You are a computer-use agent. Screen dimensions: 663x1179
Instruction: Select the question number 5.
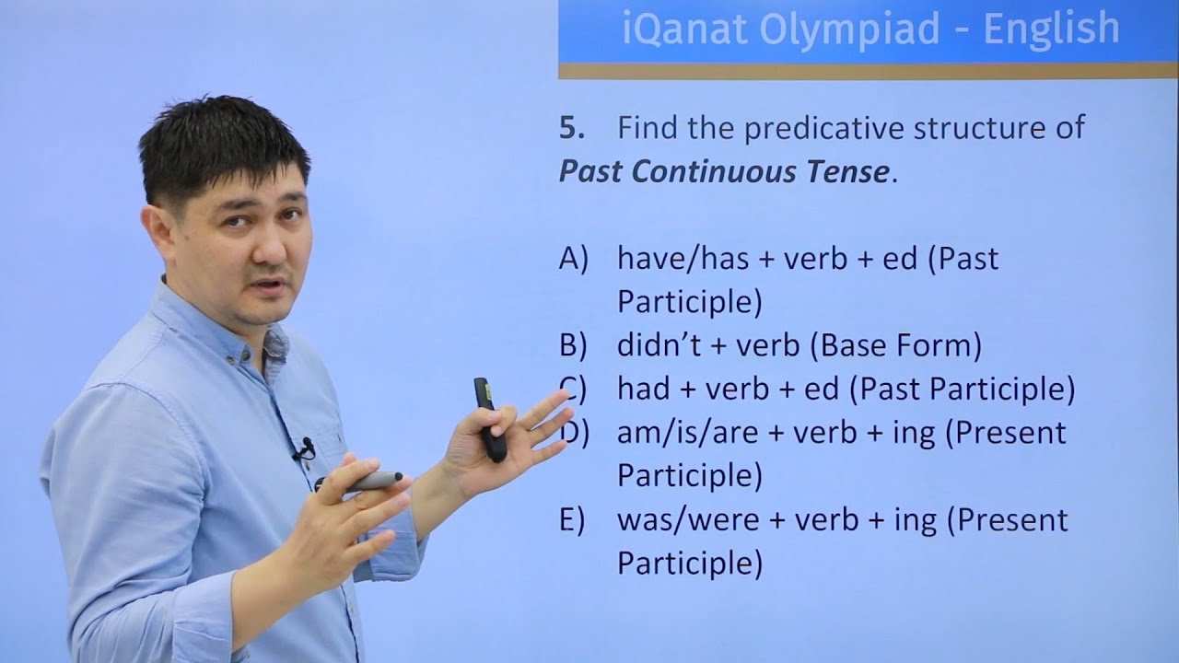pos(571,128)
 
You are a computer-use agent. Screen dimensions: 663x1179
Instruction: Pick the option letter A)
pos(573,260)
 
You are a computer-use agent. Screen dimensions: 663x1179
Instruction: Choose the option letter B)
pos(573,346)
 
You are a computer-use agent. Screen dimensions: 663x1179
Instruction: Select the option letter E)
pos(572,520)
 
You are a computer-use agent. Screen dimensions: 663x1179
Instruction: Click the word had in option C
pos(643,390)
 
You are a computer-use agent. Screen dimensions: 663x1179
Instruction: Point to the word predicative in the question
pos(825,128)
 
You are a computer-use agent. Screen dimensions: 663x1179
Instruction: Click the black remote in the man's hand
pos(491,420)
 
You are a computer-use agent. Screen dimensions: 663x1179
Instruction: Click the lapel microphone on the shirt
pos(304,449)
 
